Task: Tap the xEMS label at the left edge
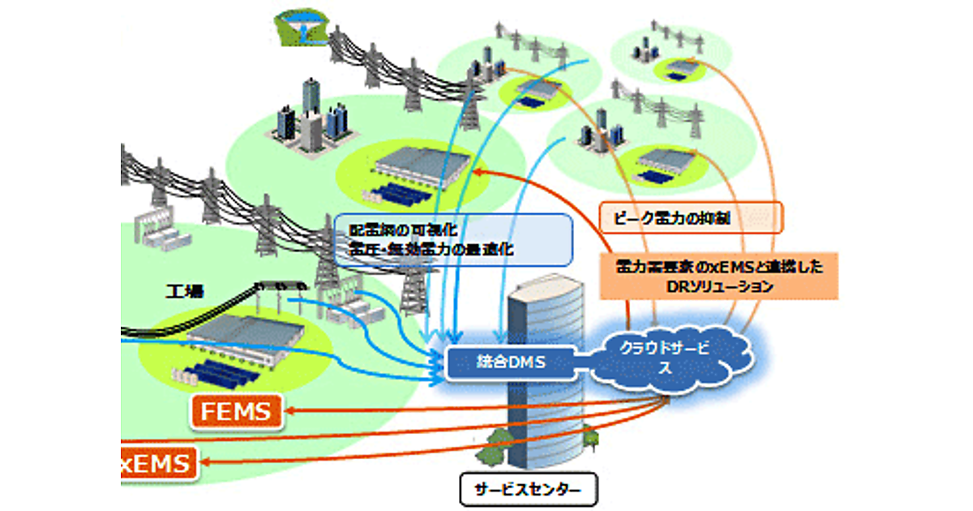[158, 464]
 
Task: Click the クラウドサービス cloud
[664, 358]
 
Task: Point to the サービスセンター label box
[527, 490]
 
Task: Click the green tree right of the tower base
[590, 439]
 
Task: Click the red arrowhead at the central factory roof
[479, 171]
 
